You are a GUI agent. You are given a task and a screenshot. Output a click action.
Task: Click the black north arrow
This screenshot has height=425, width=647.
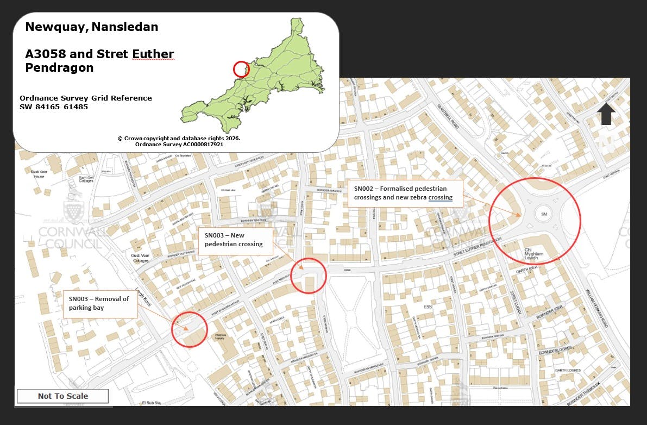click(606, 114)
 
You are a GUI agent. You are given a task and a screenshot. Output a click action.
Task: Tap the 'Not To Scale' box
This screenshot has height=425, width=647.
click(63, 396)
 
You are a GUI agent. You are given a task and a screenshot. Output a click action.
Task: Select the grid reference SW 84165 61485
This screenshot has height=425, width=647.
click(54, 107)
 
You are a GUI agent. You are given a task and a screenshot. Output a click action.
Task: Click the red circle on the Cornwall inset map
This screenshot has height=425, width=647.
click(241, 69)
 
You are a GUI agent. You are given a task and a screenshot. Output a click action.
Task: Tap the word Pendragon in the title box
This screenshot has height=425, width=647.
click(59, 68)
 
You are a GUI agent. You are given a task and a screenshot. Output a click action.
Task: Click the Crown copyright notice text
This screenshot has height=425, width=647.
click(179, 141)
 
